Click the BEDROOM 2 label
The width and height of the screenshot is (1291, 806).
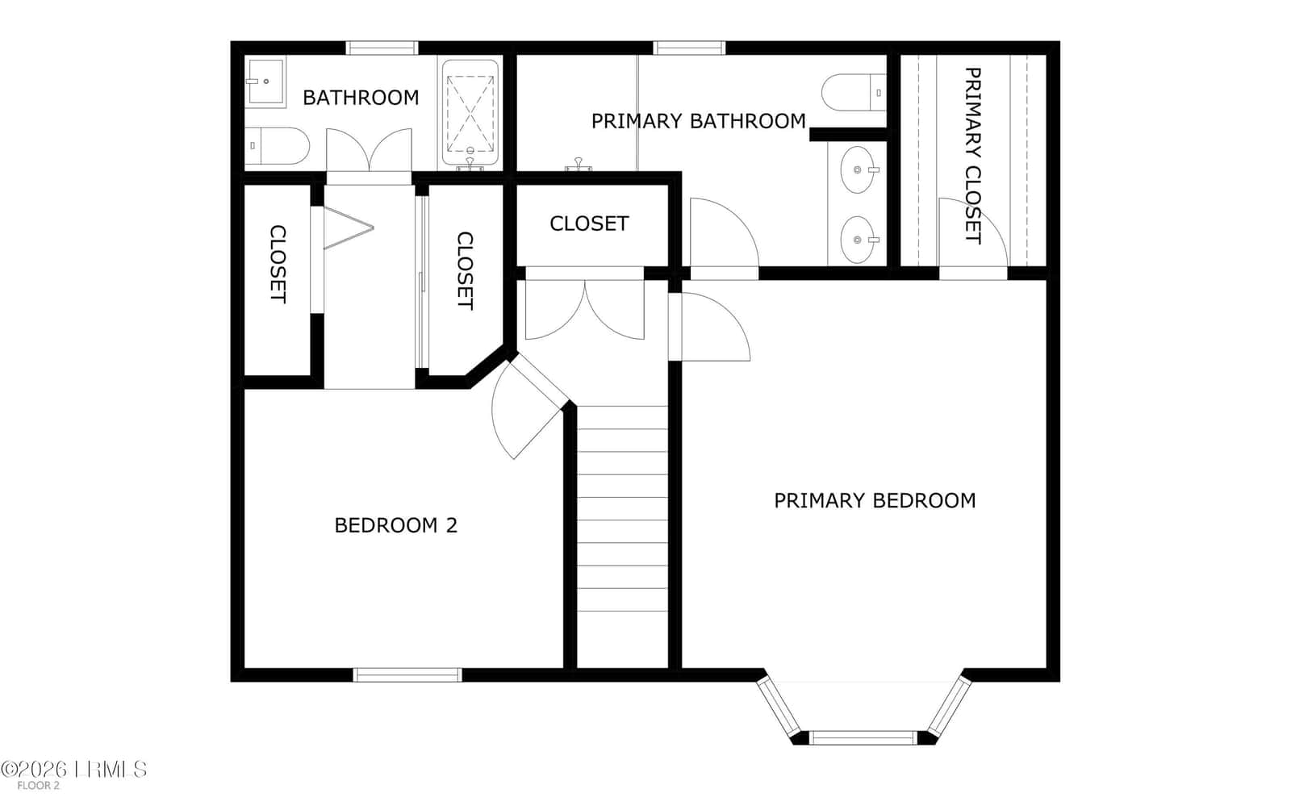(x=396, y=525)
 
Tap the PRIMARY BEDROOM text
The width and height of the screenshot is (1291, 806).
(x=875, y=501)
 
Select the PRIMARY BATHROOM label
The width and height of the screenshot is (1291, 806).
(x=699, y=121)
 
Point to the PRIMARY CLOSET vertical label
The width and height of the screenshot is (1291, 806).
(x=973, y=156)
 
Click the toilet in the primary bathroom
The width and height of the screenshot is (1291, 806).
(x=854, y=92)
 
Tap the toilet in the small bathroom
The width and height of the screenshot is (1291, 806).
(x=278, y=146)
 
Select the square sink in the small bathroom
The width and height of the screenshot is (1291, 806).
(x=265, y=81)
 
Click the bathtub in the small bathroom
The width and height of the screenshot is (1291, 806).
(x=470, y=113)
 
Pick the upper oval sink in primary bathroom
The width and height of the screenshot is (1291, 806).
(x=858, y=169)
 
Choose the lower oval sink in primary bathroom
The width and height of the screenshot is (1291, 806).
(x=858, y=240)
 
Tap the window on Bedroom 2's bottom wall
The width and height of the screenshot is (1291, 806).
(x=407, y=674)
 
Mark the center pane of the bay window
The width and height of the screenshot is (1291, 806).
(x=863, y=737)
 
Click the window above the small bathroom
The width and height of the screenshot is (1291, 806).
(x=382, y=48)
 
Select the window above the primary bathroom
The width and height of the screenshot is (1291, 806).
(x=689, y=48)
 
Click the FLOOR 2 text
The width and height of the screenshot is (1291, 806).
(x=38, y=786)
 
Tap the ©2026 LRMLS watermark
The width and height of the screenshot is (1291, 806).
(x=73, y=769)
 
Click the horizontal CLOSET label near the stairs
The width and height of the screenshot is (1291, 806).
(x=589, y=223)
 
